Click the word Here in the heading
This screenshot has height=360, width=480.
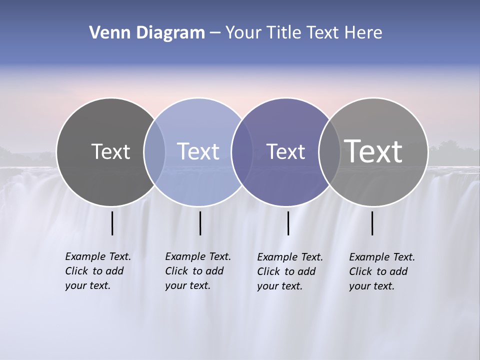(363, 33)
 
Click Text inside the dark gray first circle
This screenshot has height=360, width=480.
(110, 151)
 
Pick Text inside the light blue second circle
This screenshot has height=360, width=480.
(198, 151)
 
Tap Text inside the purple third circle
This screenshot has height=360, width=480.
(285, 151)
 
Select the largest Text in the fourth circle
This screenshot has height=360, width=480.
(373, 151)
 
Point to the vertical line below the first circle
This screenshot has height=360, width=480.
(112, 223)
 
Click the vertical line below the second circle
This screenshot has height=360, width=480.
(200, 223)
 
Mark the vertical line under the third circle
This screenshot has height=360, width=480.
(288, 223)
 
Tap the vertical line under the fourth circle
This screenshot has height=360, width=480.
(372, 223)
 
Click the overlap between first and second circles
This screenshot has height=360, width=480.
(154, 152)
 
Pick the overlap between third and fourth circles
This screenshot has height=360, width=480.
(328, 152)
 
